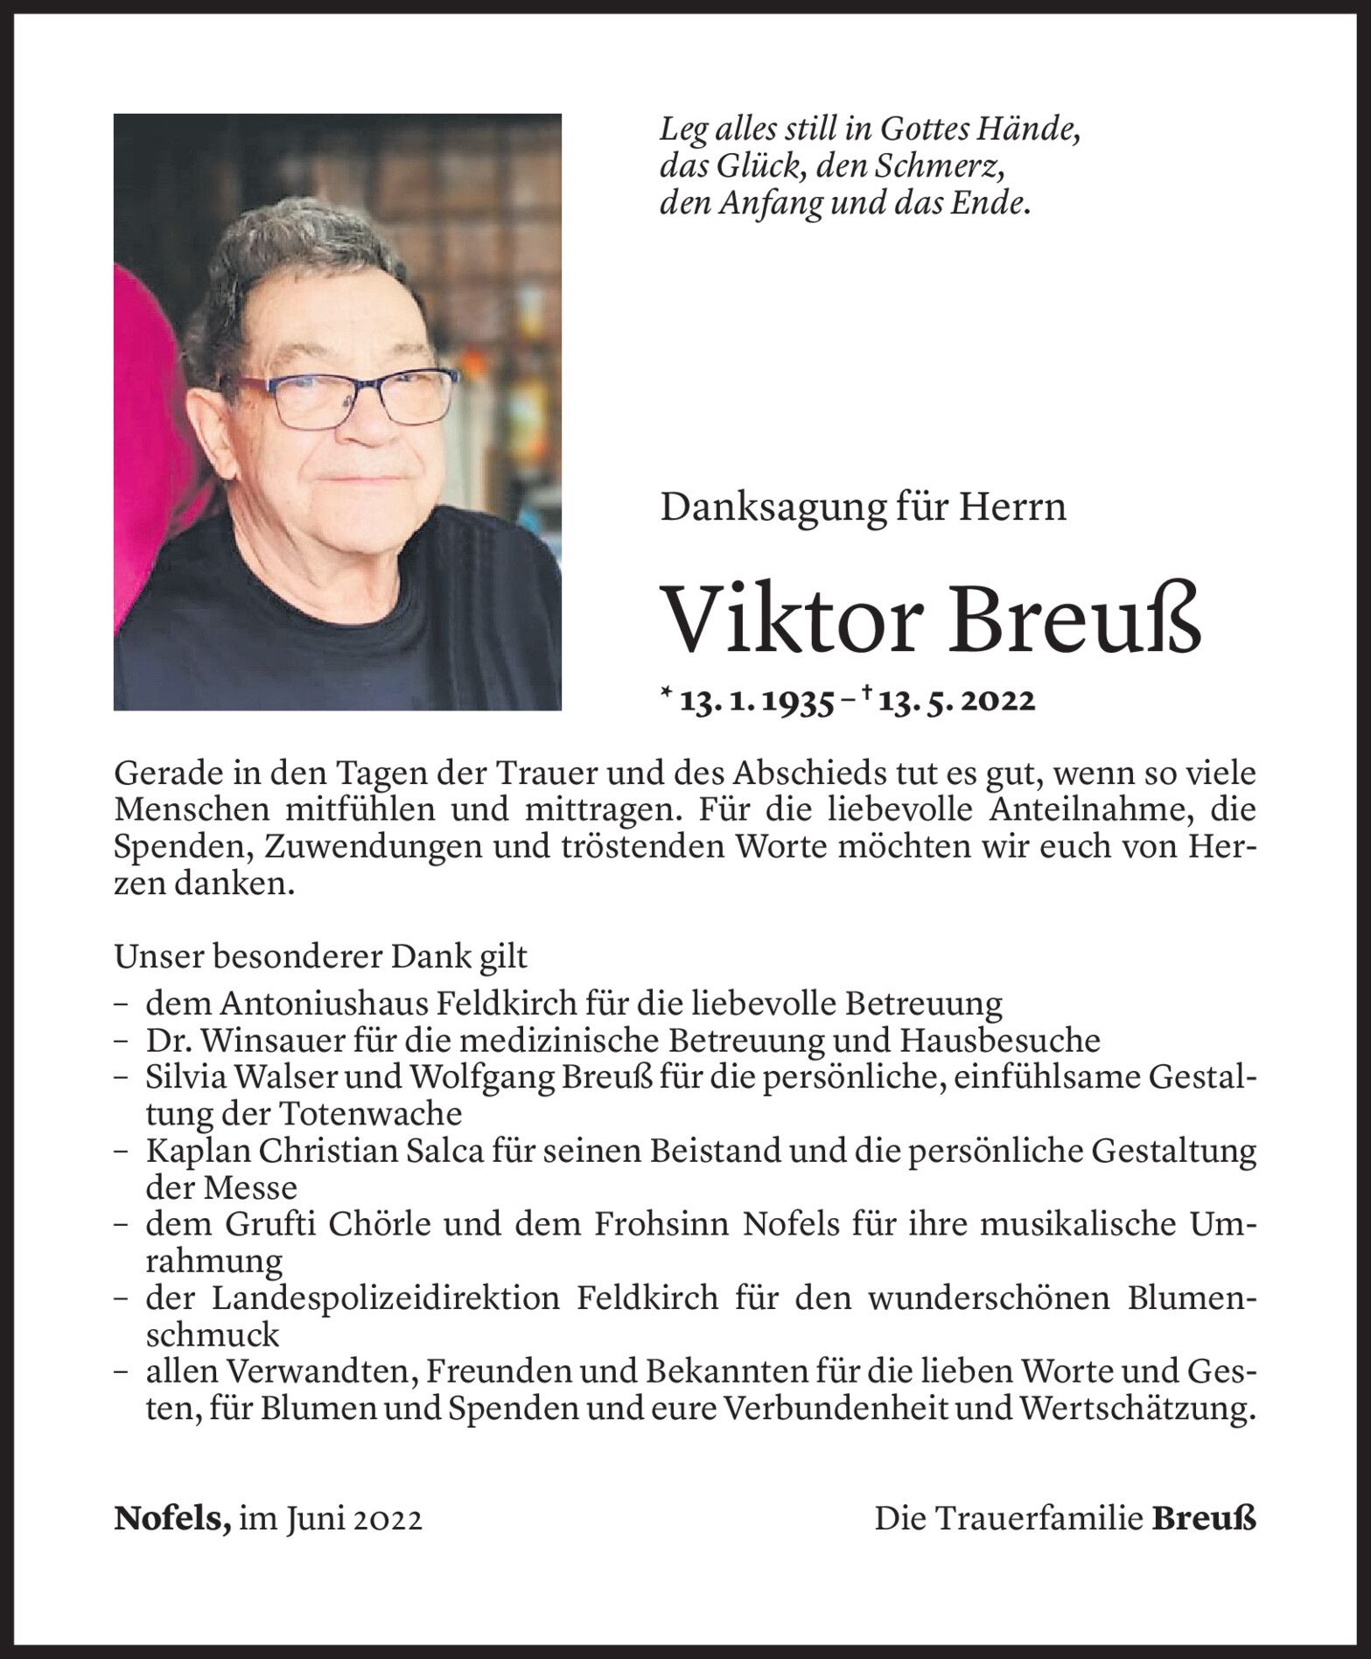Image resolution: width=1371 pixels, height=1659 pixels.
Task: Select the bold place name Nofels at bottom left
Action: click(171, 1518)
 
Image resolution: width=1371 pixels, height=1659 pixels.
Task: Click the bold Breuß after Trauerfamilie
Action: click(1203, 1518)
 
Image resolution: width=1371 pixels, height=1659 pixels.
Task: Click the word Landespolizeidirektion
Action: click(386, 1298)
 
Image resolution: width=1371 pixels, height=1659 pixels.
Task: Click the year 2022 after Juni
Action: click(388, 1519)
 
